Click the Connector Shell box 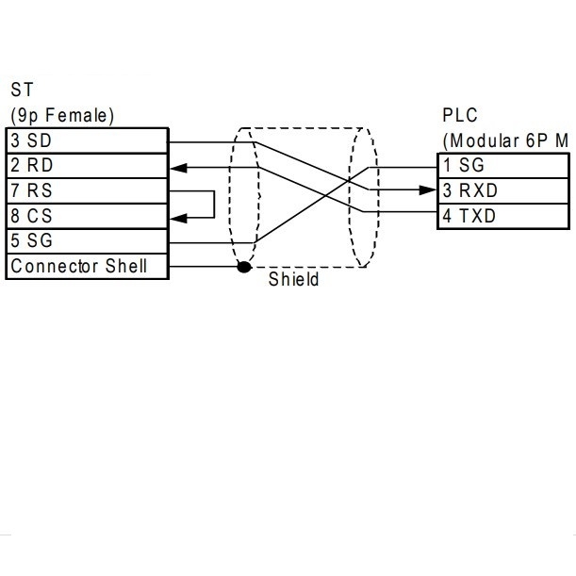tap(87, 267)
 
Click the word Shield tap(293, 281)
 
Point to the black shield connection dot tap(244, 268)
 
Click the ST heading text tap(21, 91)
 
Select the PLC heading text tap(460, 116)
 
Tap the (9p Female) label tap(61, 116)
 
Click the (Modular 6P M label tap(505, 140)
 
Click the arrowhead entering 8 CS tap(178, 217)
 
